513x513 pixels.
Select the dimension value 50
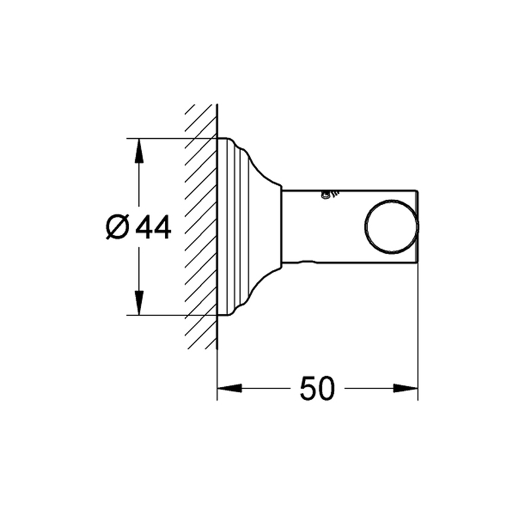(x=316, y=389)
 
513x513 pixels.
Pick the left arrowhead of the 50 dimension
(x=229, y=388)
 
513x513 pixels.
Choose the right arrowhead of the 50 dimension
(x=406, y=388)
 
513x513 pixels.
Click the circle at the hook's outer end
(x=391, y=227)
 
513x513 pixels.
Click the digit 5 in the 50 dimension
(x=307, y=389)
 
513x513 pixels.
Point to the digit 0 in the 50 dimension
(x=325, y=389)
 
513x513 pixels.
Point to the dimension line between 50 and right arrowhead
(x=368, y=388)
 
